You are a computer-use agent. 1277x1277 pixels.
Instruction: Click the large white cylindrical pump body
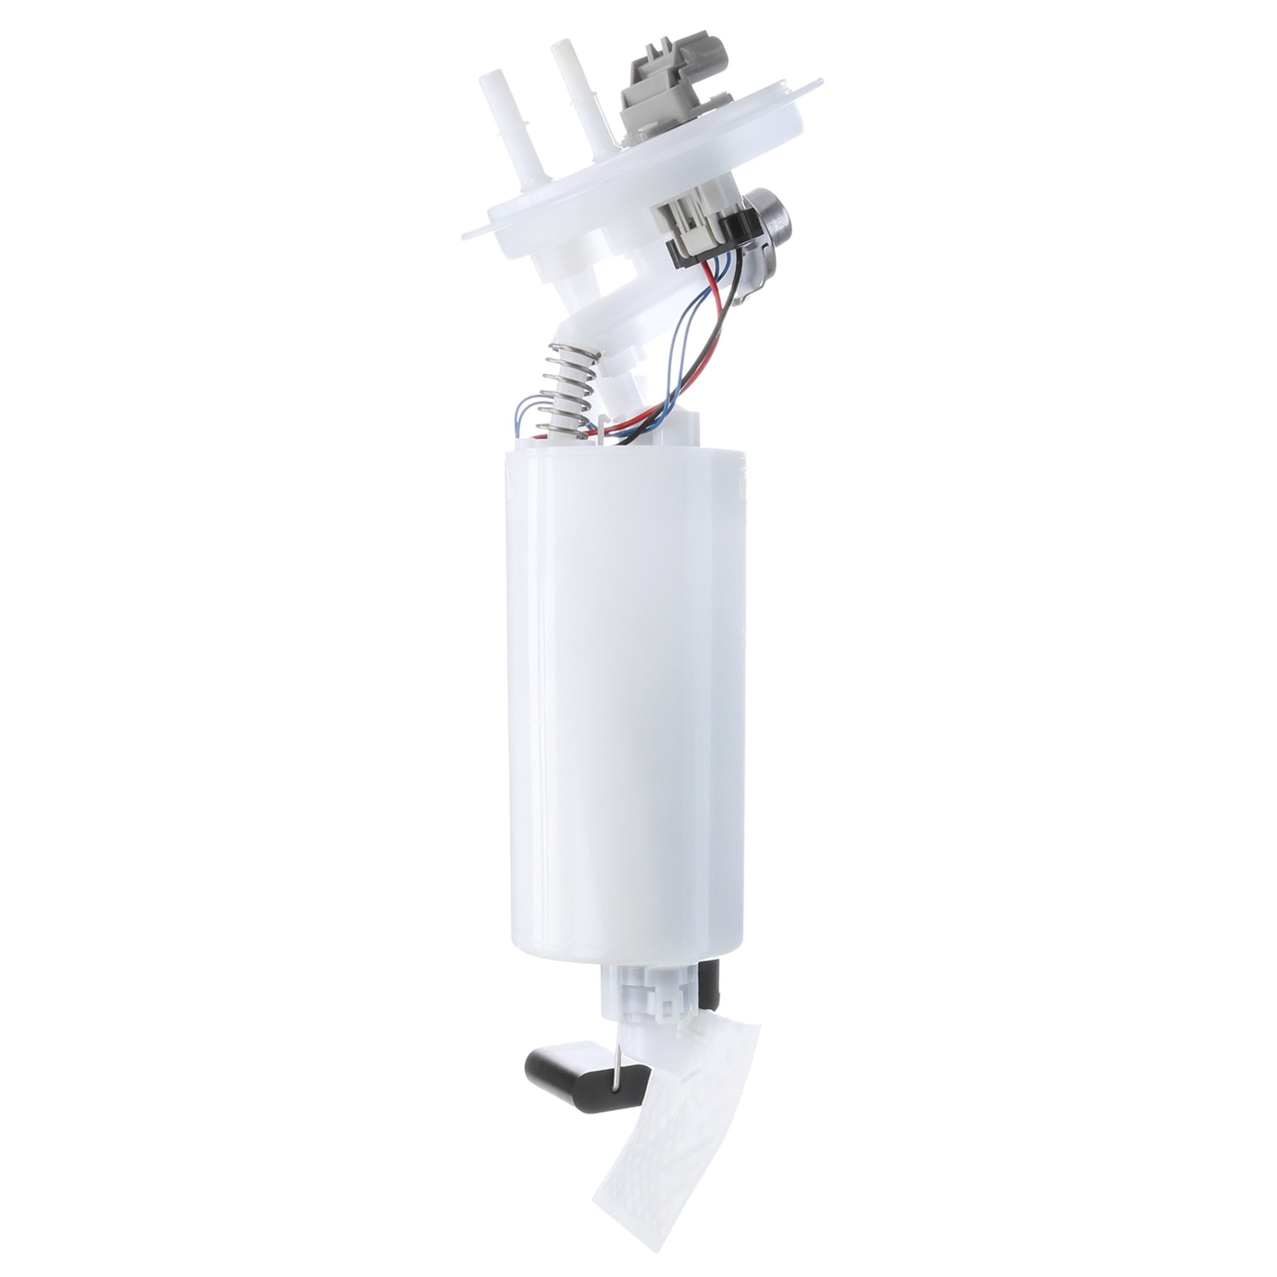pos(625,701)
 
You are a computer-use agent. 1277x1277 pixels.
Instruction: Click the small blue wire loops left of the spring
pos(529,416)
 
